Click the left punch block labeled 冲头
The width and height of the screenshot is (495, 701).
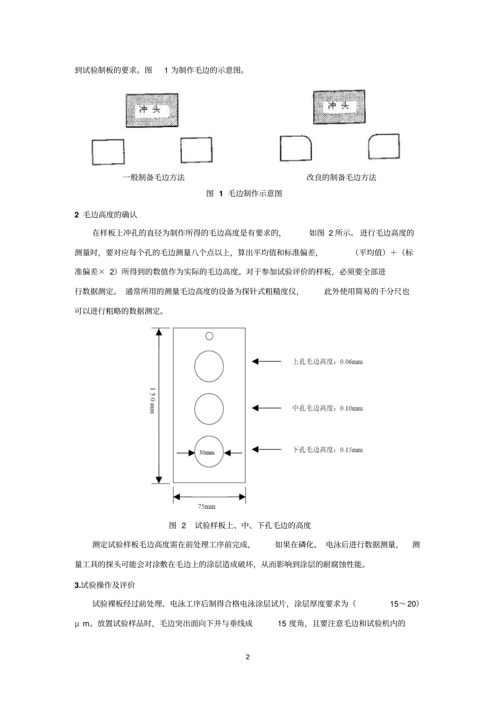tap(152, 110)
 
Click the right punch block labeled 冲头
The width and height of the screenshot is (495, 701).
tap(338, 107)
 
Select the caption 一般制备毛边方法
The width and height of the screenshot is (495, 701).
tap(154, 177)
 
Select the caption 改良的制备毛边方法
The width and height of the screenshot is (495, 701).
tap(341, 177)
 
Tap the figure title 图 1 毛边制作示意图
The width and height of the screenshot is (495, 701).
tap(244, 193)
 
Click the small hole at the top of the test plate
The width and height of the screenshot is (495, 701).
tap(209, 336)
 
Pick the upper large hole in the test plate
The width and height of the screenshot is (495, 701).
tap(209, 366)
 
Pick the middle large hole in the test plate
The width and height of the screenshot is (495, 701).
tap(209, 408)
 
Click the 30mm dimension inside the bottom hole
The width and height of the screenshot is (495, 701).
tap(207, 452)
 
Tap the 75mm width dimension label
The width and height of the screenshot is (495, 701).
tap(207, 506)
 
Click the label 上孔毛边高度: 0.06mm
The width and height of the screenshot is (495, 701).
tap(327, 362)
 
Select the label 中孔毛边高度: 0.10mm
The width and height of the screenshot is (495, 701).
tap(327, 408)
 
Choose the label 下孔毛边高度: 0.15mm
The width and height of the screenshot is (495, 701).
tap(327, 449)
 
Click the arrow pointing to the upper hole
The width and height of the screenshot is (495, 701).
tap(266, 361)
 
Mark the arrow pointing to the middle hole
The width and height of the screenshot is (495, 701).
tap(266, 408)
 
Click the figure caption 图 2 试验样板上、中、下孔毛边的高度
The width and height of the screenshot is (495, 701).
tap(240, 525)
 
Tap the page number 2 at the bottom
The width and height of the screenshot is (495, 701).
tap(247, 657)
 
